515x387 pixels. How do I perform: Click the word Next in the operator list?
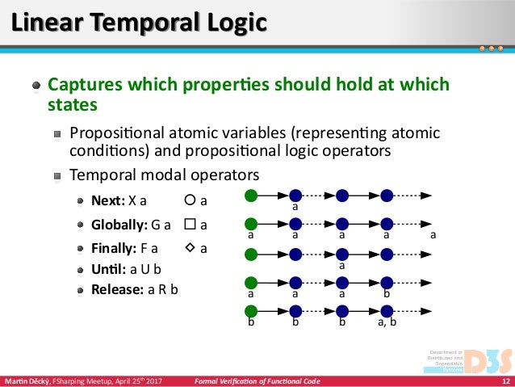pos(108,200)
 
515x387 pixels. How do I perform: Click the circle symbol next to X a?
pos(189,200)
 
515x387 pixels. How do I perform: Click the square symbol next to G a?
pos(189,224)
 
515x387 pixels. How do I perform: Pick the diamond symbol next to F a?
pos(189,248)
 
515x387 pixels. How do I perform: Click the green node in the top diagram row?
pos(251,195)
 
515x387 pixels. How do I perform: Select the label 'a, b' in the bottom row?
pos(387,322)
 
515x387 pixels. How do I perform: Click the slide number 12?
pos(505,381)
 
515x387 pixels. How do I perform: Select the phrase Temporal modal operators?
pos(165,174)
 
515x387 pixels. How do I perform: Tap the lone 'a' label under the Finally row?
pos(341,265)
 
